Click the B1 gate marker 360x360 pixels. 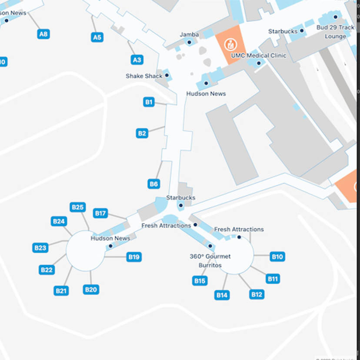[x=149, y=102]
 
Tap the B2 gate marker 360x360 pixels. [x=142, y=133]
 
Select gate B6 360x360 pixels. [x=153, y=184]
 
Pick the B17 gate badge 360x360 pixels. [x=100, y=213]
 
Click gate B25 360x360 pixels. [x=77, y=207]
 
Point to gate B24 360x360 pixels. [x=59, y=221]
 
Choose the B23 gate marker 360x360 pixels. [x=40, y=248]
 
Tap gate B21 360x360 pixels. [x=61, y=291]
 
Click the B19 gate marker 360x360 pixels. [x=134, y=257]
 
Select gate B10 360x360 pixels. [x=277, y=257]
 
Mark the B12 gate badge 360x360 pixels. [x=257, y=294]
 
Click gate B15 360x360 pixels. [x=200, y=281]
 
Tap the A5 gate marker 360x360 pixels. [x=97, y=37]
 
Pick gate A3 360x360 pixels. [x=137, y=60]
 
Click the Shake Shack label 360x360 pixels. [x=144, y=76]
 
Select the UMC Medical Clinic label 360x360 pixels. [x=259, y=56]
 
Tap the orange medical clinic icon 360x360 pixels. [x=229, y=44]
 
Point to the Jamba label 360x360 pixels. [x=189, y=35]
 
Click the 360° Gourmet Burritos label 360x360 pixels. [x=210, y=261]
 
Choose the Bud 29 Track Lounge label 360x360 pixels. [x=335, y=32]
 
